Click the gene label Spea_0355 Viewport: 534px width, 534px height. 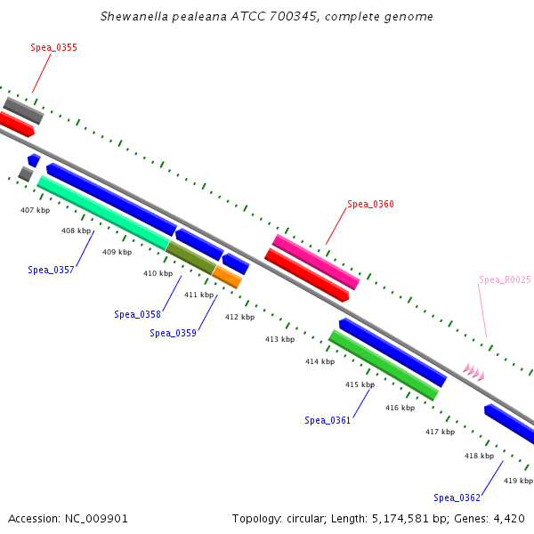[x=53, y=47]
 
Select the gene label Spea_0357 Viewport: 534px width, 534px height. [x=51, y=270]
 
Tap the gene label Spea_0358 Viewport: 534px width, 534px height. [x=137, y=314]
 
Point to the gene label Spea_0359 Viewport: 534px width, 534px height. [x=173, y=333]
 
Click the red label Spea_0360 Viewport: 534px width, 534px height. [x=370, y=204]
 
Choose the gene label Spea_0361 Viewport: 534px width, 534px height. [x=328, y=420]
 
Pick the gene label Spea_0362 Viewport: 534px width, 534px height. [x=457, y=498]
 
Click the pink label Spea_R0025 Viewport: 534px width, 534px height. [x=504, y=279]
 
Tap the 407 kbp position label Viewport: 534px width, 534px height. [x=35, y=210]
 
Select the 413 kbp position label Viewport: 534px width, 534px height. [x=279, y=339]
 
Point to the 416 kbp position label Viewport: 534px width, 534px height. [x=400, y=408]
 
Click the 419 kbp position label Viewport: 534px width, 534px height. [x=518, y=481]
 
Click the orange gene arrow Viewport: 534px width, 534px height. [x=228, y=277]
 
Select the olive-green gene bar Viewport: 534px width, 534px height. [x=190, y=258]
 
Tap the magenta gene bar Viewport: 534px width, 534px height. [x=316, y=262]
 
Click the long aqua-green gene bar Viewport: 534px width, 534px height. [x=102, y=213]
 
